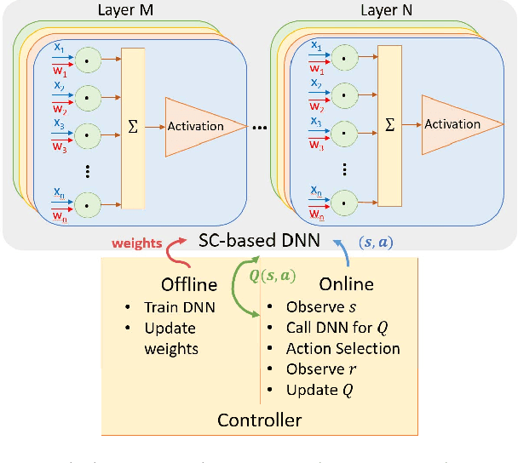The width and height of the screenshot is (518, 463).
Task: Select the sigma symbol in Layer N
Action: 390,124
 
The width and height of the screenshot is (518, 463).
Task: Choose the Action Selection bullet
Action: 342,348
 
